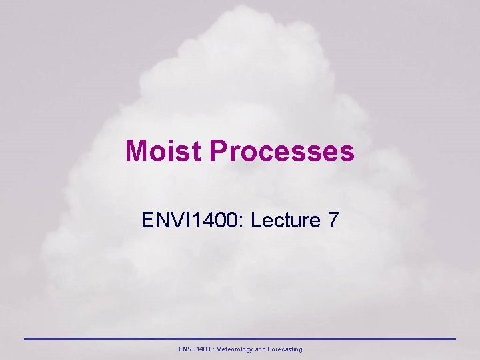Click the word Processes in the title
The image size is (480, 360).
tap(281, 151)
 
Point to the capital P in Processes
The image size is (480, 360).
tap(218, 151)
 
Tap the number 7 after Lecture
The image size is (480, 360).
tap(333, 221)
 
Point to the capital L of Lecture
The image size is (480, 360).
tap(257, 221)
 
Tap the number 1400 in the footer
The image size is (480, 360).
tap(205, 349)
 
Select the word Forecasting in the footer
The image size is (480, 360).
tap(285, 349)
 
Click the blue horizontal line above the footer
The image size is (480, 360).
tap(240, 339)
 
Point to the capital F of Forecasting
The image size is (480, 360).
tap(270, 349)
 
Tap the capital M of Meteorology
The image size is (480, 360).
tap(221, 349)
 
